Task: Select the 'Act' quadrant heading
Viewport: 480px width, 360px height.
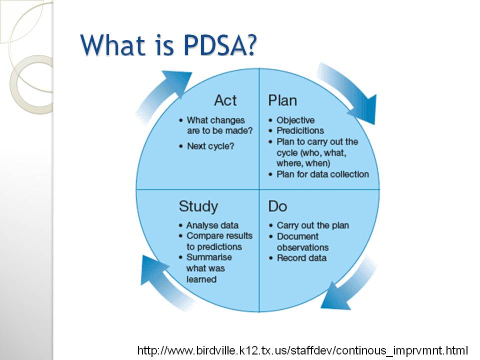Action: pyautogui.click(x=225, y=100)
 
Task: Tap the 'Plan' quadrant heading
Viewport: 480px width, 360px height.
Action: pyautogui.click(x=282, y=100)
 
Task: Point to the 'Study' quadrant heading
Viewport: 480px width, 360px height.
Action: pyautogui.click(x=198, y=206)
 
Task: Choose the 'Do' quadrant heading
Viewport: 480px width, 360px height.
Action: pyautogui.click(x=277, y=206)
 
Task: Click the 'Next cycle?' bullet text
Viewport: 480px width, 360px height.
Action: pyautogui.click(x=210, y=146)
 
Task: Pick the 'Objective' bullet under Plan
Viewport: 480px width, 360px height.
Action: pyautogui.click(x=295, y=120)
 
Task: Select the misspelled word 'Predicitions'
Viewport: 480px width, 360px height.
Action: pyautogui.click(x=300, y=130)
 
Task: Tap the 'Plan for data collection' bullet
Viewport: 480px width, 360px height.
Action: pyautogui.click(x=322, y=174)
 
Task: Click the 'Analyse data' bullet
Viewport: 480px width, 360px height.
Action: pyautogui.click(x=212, y=225)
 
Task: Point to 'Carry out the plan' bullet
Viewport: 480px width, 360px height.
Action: pyautogui.click(x=312, y=225)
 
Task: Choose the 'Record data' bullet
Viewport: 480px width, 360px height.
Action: pyautogui.click(x=301, y=258)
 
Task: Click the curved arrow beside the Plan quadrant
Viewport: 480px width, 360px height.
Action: pyautogui.click(x=352, y=92)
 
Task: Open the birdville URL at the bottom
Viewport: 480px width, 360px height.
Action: pyautogui.click(x=302, y=350)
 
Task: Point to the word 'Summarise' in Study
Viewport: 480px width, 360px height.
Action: pyautogui.click(x=209, y=257)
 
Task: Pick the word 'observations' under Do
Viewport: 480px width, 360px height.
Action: pyautogui.click(x=302, y=247)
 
